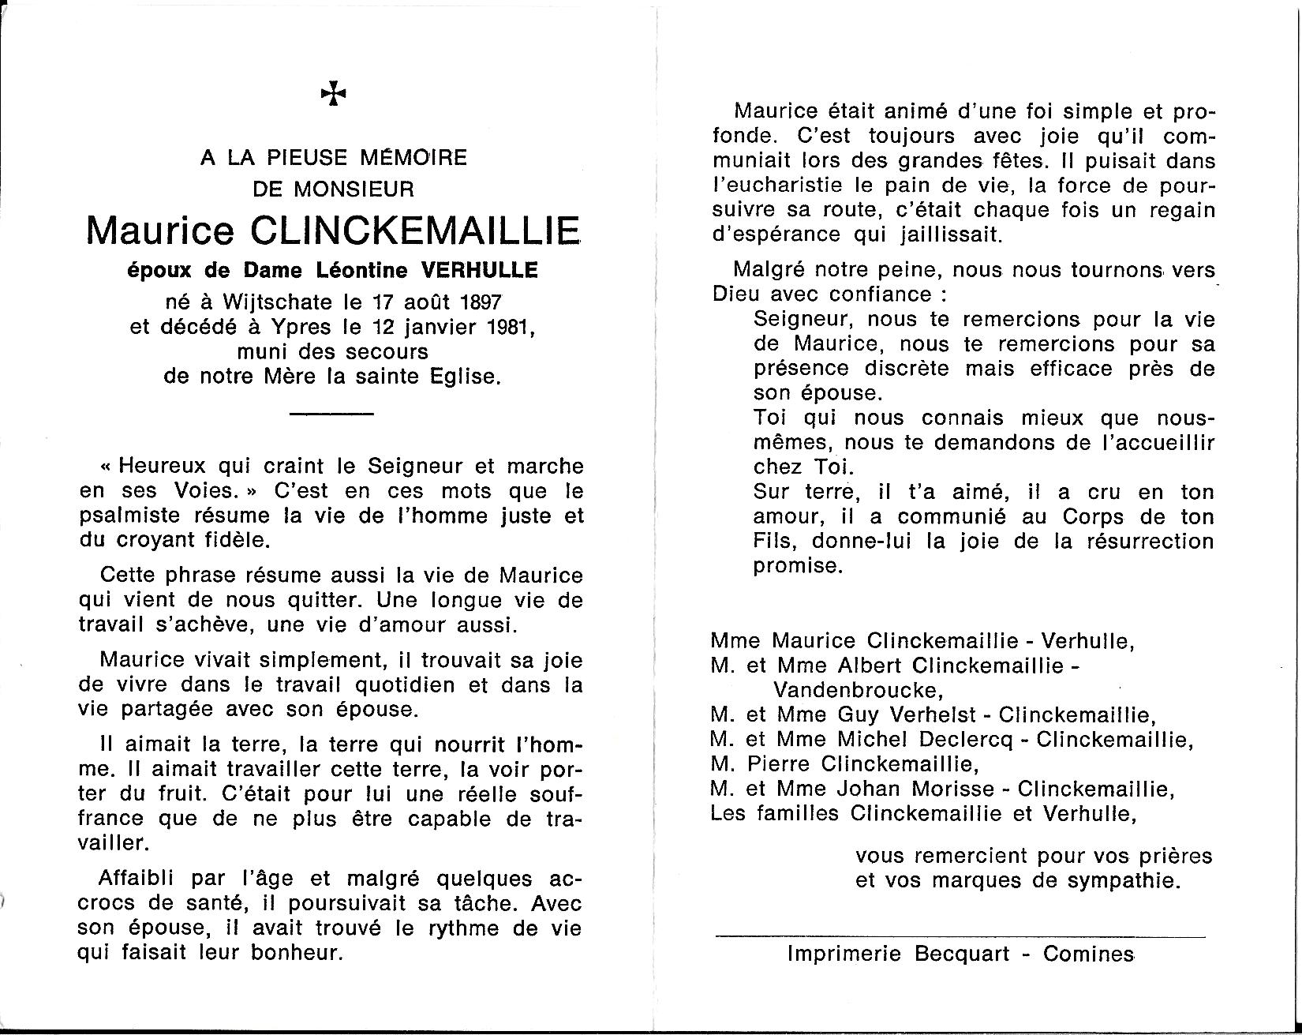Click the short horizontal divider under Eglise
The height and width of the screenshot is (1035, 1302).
click(331, 414)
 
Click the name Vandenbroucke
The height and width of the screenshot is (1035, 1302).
click(858, 690)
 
